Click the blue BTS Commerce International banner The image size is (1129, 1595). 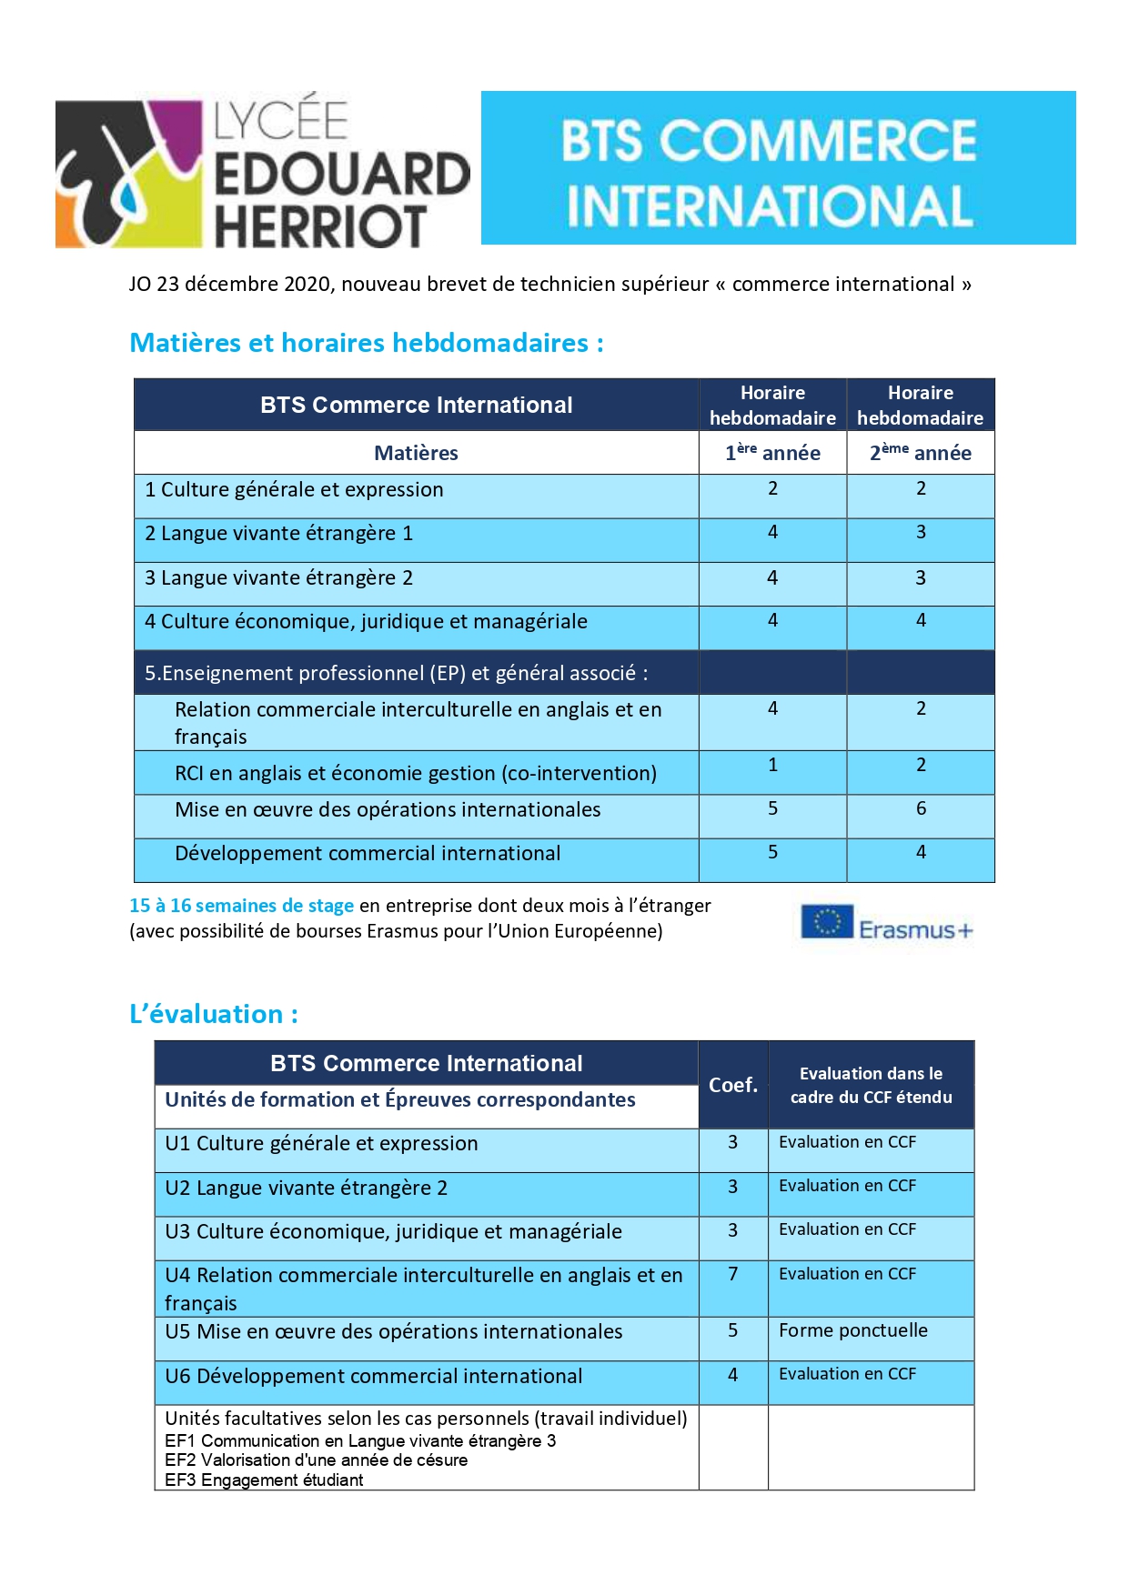click(x=778, y=168)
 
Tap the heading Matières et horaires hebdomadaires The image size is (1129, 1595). click(x=366, y=343)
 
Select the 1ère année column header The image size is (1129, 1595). click(x=772, y=452)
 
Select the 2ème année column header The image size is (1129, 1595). click(x=920, y=452)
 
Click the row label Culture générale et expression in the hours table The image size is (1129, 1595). click(x=294, y=489)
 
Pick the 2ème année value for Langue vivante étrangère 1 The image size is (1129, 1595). click(x=921, y=532)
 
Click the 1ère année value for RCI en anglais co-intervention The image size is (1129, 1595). click(x=772, y=765)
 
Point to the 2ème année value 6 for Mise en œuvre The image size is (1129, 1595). click(x=921, y=808)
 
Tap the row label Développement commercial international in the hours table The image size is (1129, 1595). click(x=368, y=853)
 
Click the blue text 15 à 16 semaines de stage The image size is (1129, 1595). click(x=241, y=906)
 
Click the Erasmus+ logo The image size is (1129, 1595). click(x=886, y=924)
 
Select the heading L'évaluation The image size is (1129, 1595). click(x=214, y=1014)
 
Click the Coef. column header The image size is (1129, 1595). click(x=733, y=1085)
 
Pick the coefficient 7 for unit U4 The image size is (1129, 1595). click(x=733, y=1274)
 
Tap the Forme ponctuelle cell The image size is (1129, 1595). click(x=852, y=1330)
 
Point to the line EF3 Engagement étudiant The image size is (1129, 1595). click(x=264, y=1480)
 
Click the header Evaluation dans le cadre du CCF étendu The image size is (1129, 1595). click(x=871, y=1085)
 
